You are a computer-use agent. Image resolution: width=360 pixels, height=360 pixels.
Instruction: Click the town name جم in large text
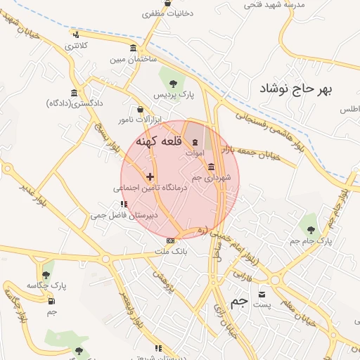point(240,301)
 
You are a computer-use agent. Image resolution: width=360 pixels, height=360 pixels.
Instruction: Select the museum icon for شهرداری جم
point(212,166)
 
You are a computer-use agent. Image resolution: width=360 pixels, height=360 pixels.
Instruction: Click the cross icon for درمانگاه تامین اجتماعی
point(150,176)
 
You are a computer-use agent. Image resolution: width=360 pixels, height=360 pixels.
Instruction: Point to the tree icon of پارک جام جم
point(309,227)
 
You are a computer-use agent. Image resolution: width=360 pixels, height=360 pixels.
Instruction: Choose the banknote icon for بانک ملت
point(169,240)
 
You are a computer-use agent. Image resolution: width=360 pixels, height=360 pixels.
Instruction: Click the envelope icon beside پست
point(262,294)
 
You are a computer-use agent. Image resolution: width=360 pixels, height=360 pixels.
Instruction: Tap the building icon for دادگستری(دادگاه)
point(75,93)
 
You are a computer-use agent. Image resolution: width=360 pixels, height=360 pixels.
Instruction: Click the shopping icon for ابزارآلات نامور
point(140,110)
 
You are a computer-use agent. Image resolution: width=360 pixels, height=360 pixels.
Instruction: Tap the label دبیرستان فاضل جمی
point(124,215)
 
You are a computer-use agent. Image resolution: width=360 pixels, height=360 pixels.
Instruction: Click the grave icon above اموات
point(195,143)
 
